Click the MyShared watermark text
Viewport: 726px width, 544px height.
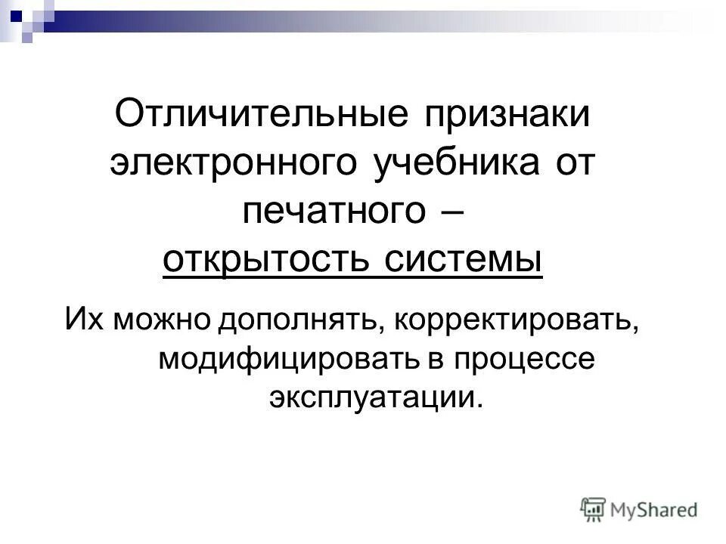[653, 510]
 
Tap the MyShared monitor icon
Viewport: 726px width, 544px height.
[594, 509]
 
